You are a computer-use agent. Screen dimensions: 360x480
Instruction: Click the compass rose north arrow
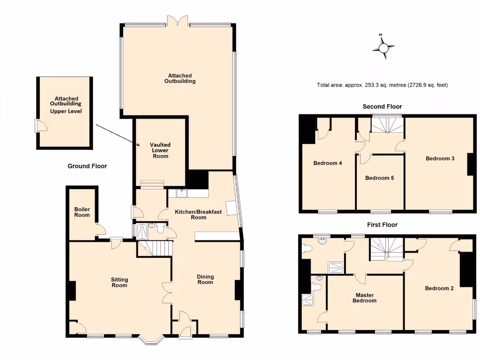[384, 47]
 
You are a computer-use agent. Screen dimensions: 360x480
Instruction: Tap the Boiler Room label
[82, 212]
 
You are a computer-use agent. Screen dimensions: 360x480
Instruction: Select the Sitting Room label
[120, 282]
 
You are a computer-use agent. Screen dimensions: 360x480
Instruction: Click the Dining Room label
[205, 279]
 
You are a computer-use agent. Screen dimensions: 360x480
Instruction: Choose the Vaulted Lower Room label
[160, 150]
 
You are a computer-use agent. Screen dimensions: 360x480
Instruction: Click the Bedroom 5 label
[380, 178]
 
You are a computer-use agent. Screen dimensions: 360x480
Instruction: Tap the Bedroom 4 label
[328, 163]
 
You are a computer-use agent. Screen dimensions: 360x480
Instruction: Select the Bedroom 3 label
[440, 158]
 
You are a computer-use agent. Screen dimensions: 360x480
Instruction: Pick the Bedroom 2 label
[439, 288]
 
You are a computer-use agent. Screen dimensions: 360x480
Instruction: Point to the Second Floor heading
[382, 106]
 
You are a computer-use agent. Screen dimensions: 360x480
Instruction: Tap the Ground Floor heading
[87, 166]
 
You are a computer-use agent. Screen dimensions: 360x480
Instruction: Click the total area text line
[382, 85]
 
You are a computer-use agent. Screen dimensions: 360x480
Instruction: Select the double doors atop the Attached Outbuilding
[179, 21]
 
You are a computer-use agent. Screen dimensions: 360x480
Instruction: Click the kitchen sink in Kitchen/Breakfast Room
[181, 193]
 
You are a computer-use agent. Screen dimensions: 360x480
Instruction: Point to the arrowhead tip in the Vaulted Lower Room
[140, 147]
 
